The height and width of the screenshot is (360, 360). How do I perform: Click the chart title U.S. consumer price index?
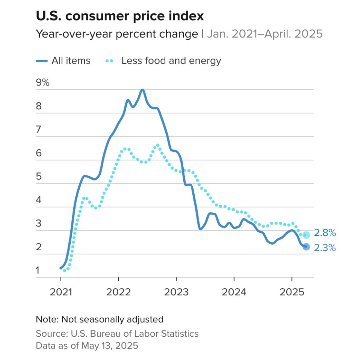pyautogui.click(x=120, y=16)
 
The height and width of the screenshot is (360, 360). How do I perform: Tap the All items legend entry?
pyautogui.click(x=64, y=61)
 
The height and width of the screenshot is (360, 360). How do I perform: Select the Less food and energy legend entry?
pyautogui.click(x=163, y=61)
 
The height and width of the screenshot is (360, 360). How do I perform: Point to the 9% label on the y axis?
pyautogui.click(x=42, y=82)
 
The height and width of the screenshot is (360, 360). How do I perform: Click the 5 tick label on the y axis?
pyautogui.click(x=39, y=176)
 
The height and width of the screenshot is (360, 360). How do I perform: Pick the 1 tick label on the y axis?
pyautogui.click(x=38, y=270)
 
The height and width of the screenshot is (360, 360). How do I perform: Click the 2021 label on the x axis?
pyautogui.click(x=61, y=292)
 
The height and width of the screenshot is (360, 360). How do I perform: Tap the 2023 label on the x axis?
pyautogui.click(x=176, y=292)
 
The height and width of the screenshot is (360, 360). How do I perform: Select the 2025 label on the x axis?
pyautogui.click(x=292, y=292)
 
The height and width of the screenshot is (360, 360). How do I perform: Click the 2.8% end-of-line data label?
pyautogui.click(x=325, y=233)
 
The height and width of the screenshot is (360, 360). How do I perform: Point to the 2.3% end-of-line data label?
pyautogui.click(x=325, y=248)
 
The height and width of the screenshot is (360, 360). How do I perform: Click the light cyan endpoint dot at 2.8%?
pyautogui.click(x=306, y=235)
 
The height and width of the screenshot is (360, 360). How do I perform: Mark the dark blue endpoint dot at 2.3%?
pyautogui.click(x=306, y=247)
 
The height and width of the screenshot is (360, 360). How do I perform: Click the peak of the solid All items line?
pyautogui.click(x=142, y=90)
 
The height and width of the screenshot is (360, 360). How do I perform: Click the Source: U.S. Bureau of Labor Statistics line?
pyautogui.click(x=117, y=334)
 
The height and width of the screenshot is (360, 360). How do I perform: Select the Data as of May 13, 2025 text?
pyautogui.click(x=87, y=345)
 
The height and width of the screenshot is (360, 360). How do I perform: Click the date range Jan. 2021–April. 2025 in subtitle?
pyautogui.click(x=265, y=34)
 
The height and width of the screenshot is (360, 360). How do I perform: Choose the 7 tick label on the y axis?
pyautogui.click(x=39, y=129)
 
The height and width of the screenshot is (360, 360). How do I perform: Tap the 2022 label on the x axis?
pyautogui.click(x=119, y=292)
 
